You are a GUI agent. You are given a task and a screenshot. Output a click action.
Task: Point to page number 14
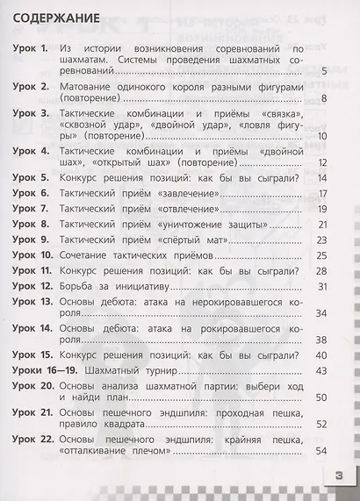point(321,178)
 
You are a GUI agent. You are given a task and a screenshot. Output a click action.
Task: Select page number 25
point(321,255)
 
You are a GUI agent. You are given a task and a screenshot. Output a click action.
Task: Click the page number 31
point(321,287)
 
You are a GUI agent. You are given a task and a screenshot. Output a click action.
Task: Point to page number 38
point(321,340)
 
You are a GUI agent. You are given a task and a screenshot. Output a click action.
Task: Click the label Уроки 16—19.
point(42,371)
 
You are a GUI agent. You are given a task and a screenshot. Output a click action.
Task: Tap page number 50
point(321,397)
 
